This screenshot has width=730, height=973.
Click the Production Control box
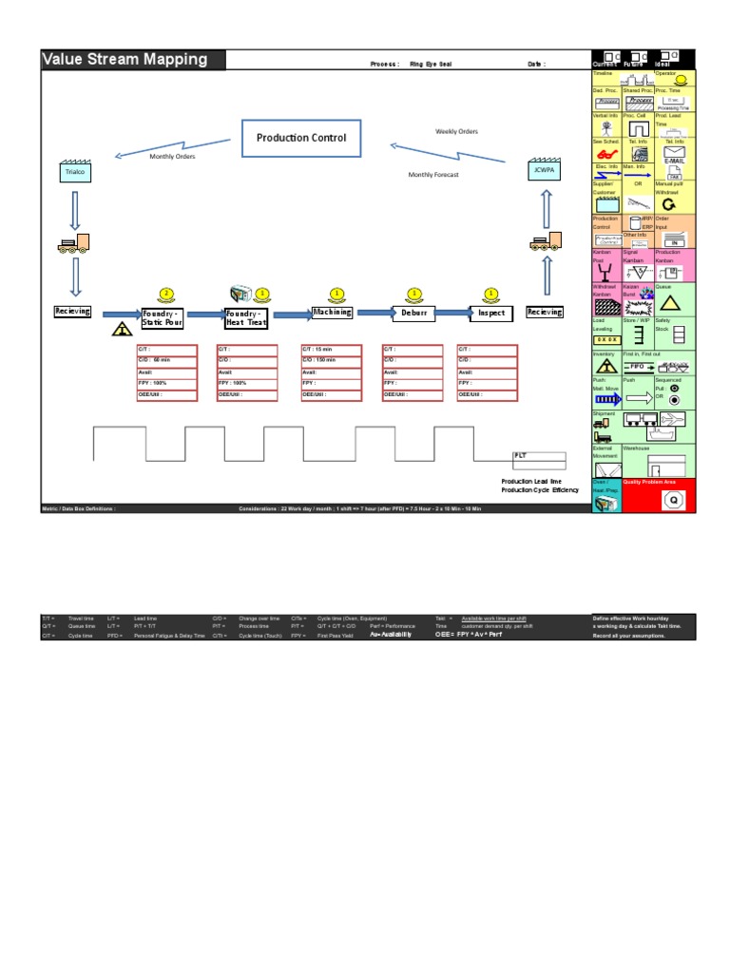click(x=301, y=138)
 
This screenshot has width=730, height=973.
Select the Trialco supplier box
click(x=75, y=173)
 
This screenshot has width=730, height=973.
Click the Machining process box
click(x=332, y=312)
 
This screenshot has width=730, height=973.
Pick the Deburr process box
click(x=413, y=312)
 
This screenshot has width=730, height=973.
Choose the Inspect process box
click(x=491, y=312)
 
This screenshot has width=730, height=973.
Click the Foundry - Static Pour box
click(x=162, y=317)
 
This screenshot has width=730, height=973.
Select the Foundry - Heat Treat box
click(x=246, y=317)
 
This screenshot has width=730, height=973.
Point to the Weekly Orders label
click(x=456, y=131)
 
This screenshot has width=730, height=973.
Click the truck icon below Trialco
click(x=74, y=244)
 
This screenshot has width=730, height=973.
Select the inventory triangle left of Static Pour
click(x=122, y=330)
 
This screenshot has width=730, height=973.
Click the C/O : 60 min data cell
click(x=166, y=360)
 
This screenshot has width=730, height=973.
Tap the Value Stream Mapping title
click(x=125, y=59)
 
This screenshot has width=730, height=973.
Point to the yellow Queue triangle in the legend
click(x=669, y=303)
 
